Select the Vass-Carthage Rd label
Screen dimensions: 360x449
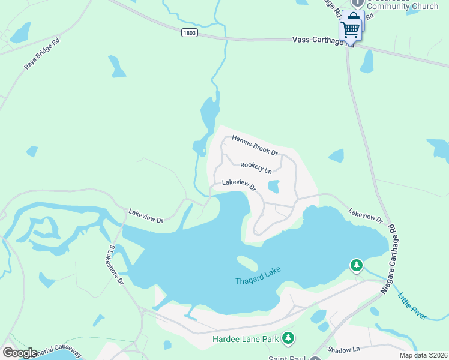pos(322,41)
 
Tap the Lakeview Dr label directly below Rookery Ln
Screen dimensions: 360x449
pos(239,185)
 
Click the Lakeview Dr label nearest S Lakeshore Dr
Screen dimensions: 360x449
pos(146,216)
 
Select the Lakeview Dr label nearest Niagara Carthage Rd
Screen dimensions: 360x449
pos(365,216)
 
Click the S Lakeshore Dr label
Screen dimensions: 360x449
pos(116,264)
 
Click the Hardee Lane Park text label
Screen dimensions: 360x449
pos(246,340)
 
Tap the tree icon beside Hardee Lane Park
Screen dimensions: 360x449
pos(289,339)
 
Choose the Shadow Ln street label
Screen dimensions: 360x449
pos(343,349)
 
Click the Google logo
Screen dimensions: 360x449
pos(19,352)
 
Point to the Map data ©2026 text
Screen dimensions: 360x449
pos(423,355)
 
